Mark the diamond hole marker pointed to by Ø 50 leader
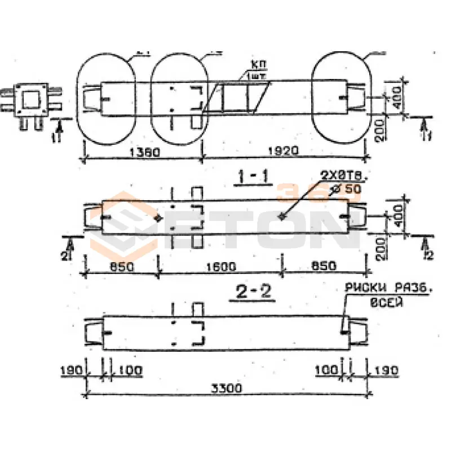pos(281,217)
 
